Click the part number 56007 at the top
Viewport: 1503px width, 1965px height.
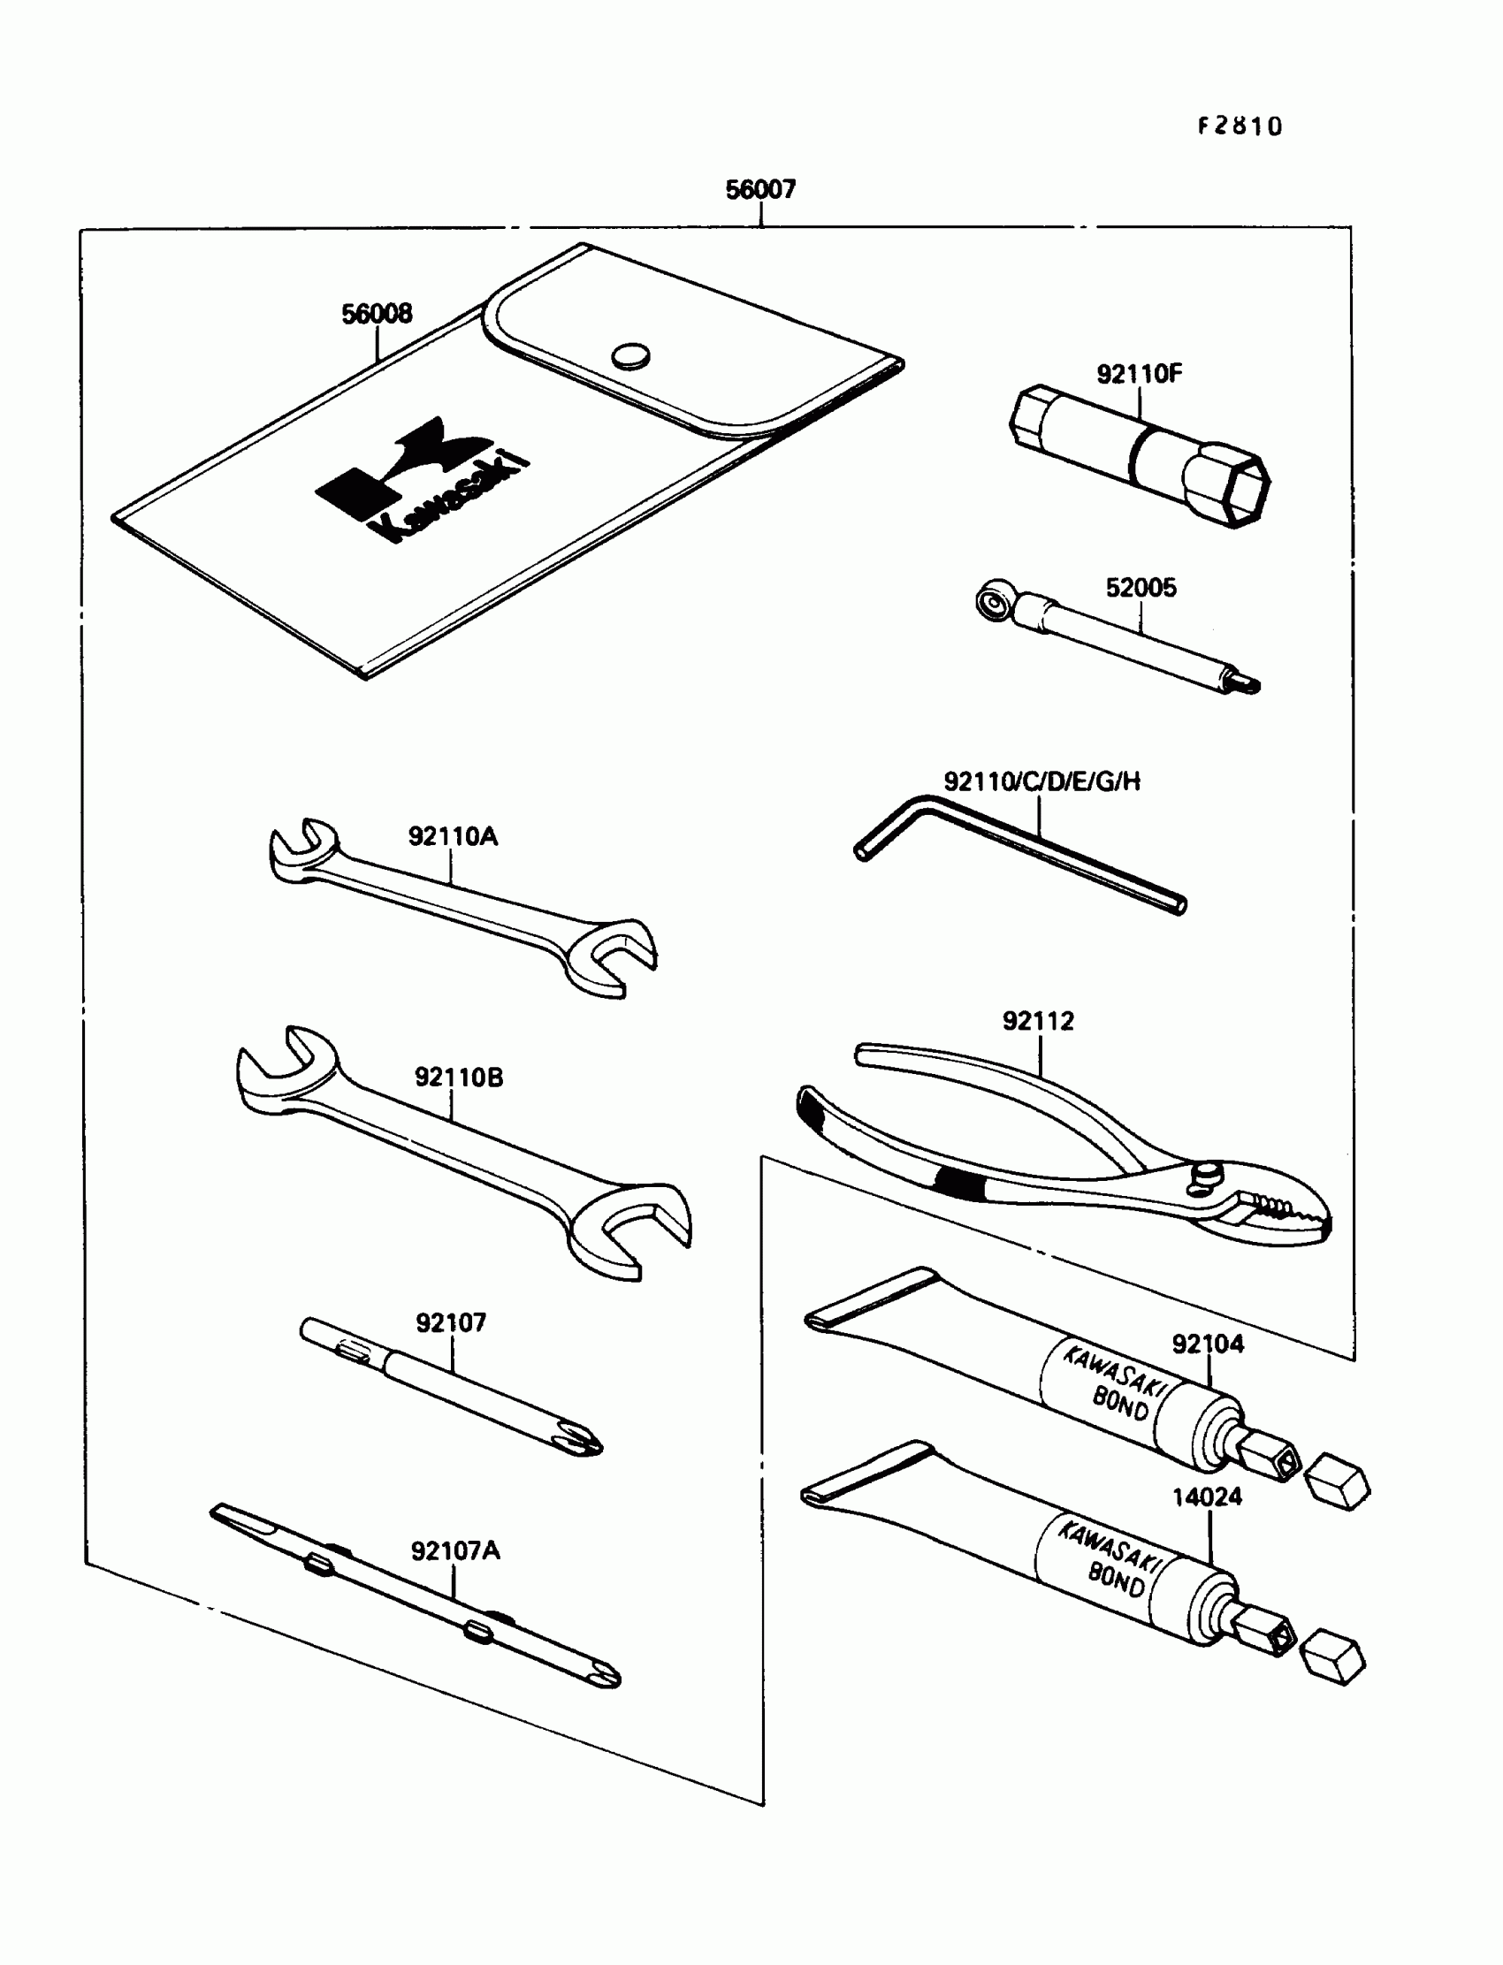coord(759,190)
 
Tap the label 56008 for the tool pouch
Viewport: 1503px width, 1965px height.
coord(377,314)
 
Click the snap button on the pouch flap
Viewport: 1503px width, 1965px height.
coord(630,356)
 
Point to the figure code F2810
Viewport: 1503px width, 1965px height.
coord(1239,126)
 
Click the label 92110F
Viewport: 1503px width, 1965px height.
coord(1139,374)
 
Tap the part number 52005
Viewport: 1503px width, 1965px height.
coord(1141,588)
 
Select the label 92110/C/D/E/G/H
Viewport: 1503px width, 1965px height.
coord(1042,781)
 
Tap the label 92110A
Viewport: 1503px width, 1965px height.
coord(453,836)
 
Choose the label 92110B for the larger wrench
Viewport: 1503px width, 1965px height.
coord(458,1077)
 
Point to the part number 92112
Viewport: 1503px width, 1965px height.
coord(1038,1021)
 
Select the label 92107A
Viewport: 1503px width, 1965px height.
coord(455,1550)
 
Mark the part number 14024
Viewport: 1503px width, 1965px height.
coord(1207,1497)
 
